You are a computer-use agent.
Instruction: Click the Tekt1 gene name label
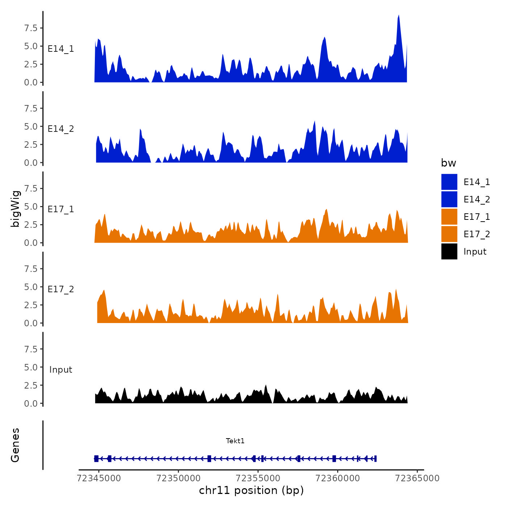pyautogui.click(x=235, y=441)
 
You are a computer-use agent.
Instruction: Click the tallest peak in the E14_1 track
pyautogui.click(x=398, y=17)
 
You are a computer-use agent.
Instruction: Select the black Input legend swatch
pyautogui.click(x=449, y=251)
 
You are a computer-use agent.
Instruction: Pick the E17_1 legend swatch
pyautogui.click(x=449, y=217)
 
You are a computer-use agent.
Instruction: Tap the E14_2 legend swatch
pyautogui.click(x=449, y=199)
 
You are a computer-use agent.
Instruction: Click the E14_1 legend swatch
pyautogui.click(x=449, y=182)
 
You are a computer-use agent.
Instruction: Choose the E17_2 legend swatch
pyautogui.click(x=449, y=234)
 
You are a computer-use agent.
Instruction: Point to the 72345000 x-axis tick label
pyautogui.click(x=99, y=478)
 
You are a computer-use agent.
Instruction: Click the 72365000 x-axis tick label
pyautogui.click(x=417, y=478)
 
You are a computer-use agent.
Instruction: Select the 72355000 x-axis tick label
pyautogui.click(x=258, y=478)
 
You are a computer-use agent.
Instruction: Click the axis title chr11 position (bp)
pyautogui.click(x=251, y=490)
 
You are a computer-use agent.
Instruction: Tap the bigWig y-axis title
pyautogui.click(x=16, y=209)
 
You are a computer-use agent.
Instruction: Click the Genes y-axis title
pyautogui.click(x=15, y=445)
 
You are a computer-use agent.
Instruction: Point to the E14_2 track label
pyautogui.click(x=61, y=129)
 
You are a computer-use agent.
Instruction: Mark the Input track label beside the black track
pyautogui.click(x=61, y=370)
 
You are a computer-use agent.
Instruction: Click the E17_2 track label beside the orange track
pyautogui.click(x=61, y=289)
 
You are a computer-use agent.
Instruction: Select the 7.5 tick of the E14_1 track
pyautogui.click(x=31, y=28)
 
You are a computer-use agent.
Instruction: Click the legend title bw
pyautogui.click(x=448, y=163)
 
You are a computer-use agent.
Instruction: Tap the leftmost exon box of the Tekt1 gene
pyautogui.click(x=96, y=458)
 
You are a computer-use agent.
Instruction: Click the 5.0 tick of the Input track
pyautogui.click(x=31, y=367)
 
